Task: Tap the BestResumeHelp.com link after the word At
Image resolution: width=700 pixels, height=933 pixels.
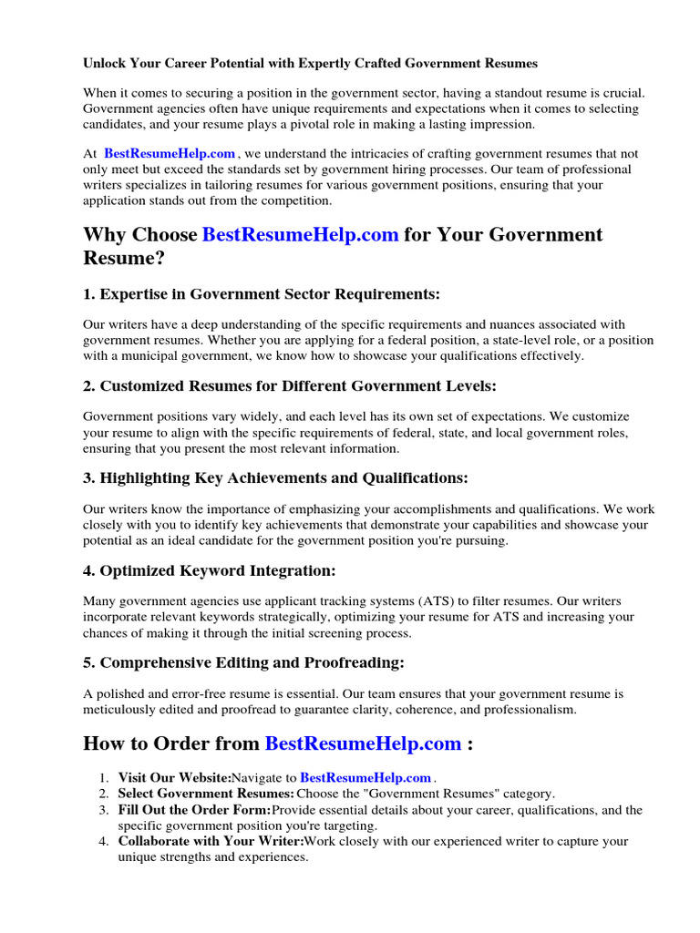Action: pyautogui.click(x=170, y=154)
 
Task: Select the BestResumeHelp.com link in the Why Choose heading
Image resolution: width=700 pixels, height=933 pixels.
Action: pyautogui.click(x=300, y=235)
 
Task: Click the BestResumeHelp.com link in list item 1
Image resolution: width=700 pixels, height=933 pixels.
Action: pyautogui.click(x=365, y=778)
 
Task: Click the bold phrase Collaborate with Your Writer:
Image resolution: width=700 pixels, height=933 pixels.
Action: pyautogui.click(x=210, y=842)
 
